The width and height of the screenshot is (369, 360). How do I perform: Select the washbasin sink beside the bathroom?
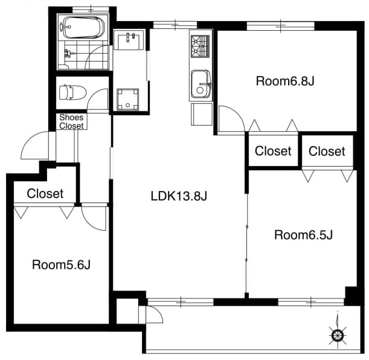click(129, 39)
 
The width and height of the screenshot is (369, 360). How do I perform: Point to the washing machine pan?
click(128, 99)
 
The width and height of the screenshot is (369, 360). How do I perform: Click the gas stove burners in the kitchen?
click(201, 47)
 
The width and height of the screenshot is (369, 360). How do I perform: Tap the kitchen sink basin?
click(201, 84)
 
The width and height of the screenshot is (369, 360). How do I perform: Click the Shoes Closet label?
click(71, 121)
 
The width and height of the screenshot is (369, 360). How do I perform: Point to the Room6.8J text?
click(285, 81)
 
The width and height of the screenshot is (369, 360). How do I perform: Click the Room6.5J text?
click(303, 235)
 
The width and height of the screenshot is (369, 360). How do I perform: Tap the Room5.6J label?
click(61, 265)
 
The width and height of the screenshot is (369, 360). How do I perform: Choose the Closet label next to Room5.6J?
click(45, 193)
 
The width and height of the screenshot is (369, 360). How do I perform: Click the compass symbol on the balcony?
click(338, 335)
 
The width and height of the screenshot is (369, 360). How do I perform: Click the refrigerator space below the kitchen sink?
click(202, 114)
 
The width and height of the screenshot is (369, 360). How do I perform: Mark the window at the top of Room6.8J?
click(280, 25)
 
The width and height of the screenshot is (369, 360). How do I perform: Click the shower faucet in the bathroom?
click(69, 54)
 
